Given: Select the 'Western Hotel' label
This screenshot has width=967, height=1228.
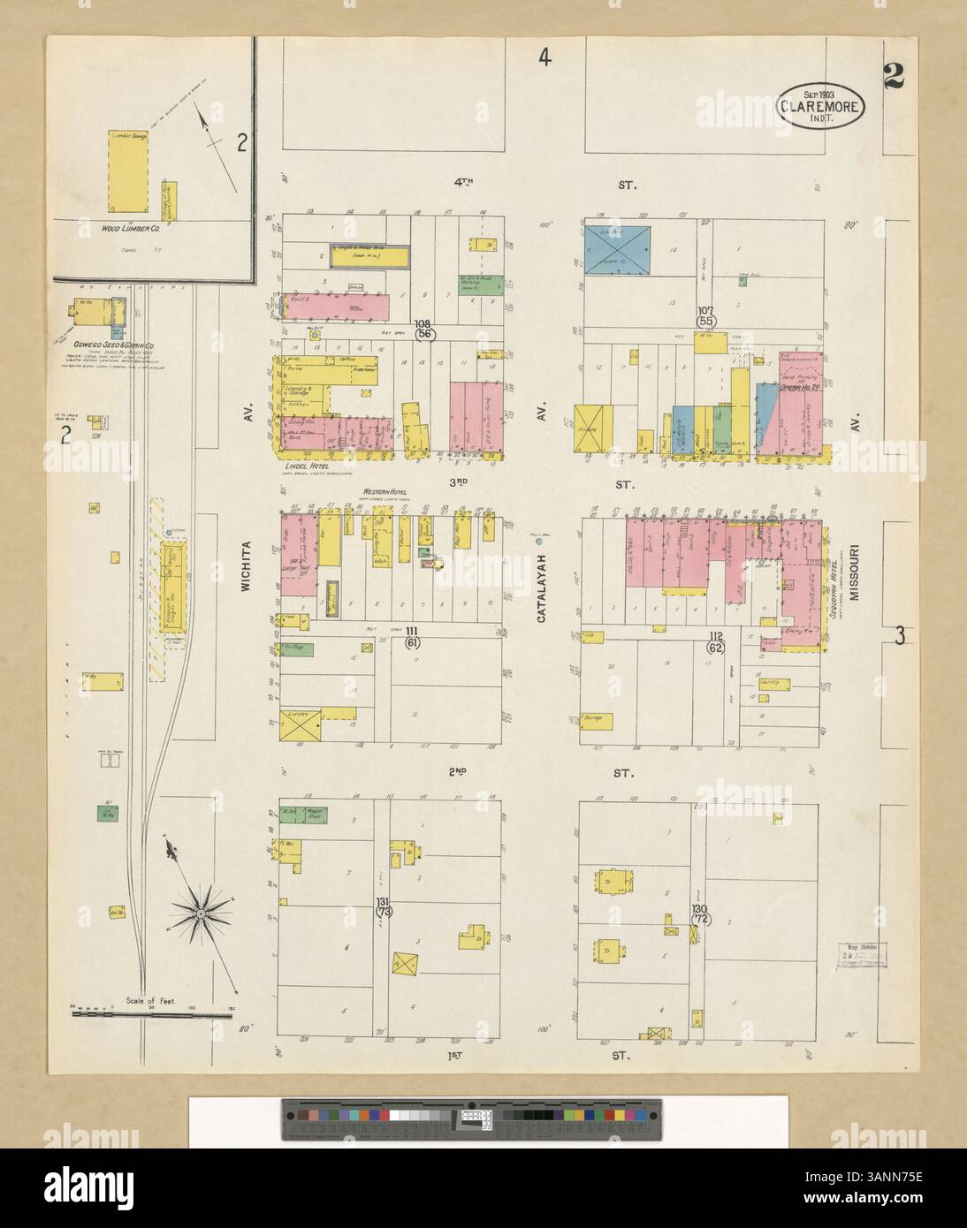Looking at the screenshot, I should tap(382, 492).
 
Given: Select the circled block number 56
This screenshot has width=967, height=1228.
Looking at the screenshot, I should tap(425, 334).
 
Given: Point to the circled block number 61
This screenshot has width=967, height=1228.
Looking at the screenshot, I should tap(412, 643).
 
